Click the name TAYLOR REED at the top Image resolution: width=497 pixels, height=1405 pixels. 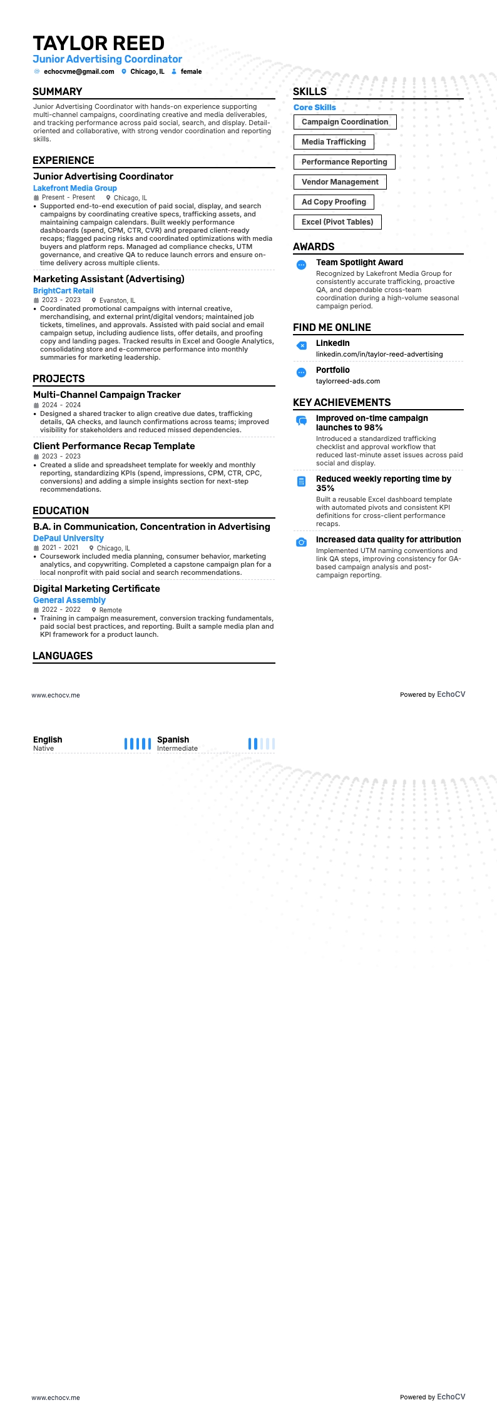[x=98, y=43]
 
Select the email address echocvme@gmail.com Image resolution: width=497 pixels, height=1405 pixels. [x=79, y=72]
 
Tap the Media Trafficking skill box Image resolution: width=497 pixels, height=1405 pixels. [x=334, y=142]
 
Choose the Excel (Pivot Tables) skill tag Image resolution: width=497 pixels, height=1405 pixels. [x=337, y=222]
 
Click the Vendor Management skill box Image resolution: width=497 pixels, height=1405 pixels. [x=340, y=182]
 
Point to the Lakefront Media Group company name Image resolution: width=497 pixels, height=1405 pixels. [x=75, y=188]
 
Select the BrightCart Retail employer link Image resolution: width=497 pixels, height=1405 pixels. [x=63, y=291]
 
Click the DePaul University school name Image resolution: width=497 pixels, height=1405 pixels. [x=68, y=538]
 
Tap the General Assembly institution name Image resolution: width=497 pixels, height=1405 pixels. [x=69, y=600]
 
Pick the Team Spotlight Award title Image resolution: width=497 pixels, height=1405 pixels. [x=359, y=263]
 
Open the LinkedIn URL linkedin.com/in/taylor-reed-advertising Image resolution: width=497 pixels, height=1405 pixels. [x=379, y=354]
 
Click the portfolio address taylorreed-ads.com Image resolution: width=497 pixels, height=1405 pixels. [x=348, y=381]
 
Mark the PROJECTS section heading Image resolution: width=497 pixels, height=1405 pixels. [x=59, y=379]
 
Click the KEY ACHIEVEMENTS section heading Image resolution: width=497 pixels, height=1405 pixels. [x=342, y=403]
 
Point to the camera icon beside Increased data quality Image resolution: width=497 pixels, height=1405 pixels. [x=301, y=542]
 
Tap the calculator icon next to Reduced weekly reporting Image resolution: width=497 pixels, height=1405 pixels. [x=301, y=482]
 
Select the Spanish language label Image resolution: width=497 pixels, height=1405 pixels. [x=173, y=739]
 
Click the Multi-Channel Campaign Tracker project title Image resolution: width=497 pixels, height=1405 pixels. [x=107, y=395]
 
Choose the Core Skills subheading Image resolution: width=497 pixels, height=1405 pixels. [x=315, y=108]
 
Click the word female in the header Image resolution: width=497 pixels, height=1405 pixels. [x=191, y=72]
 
